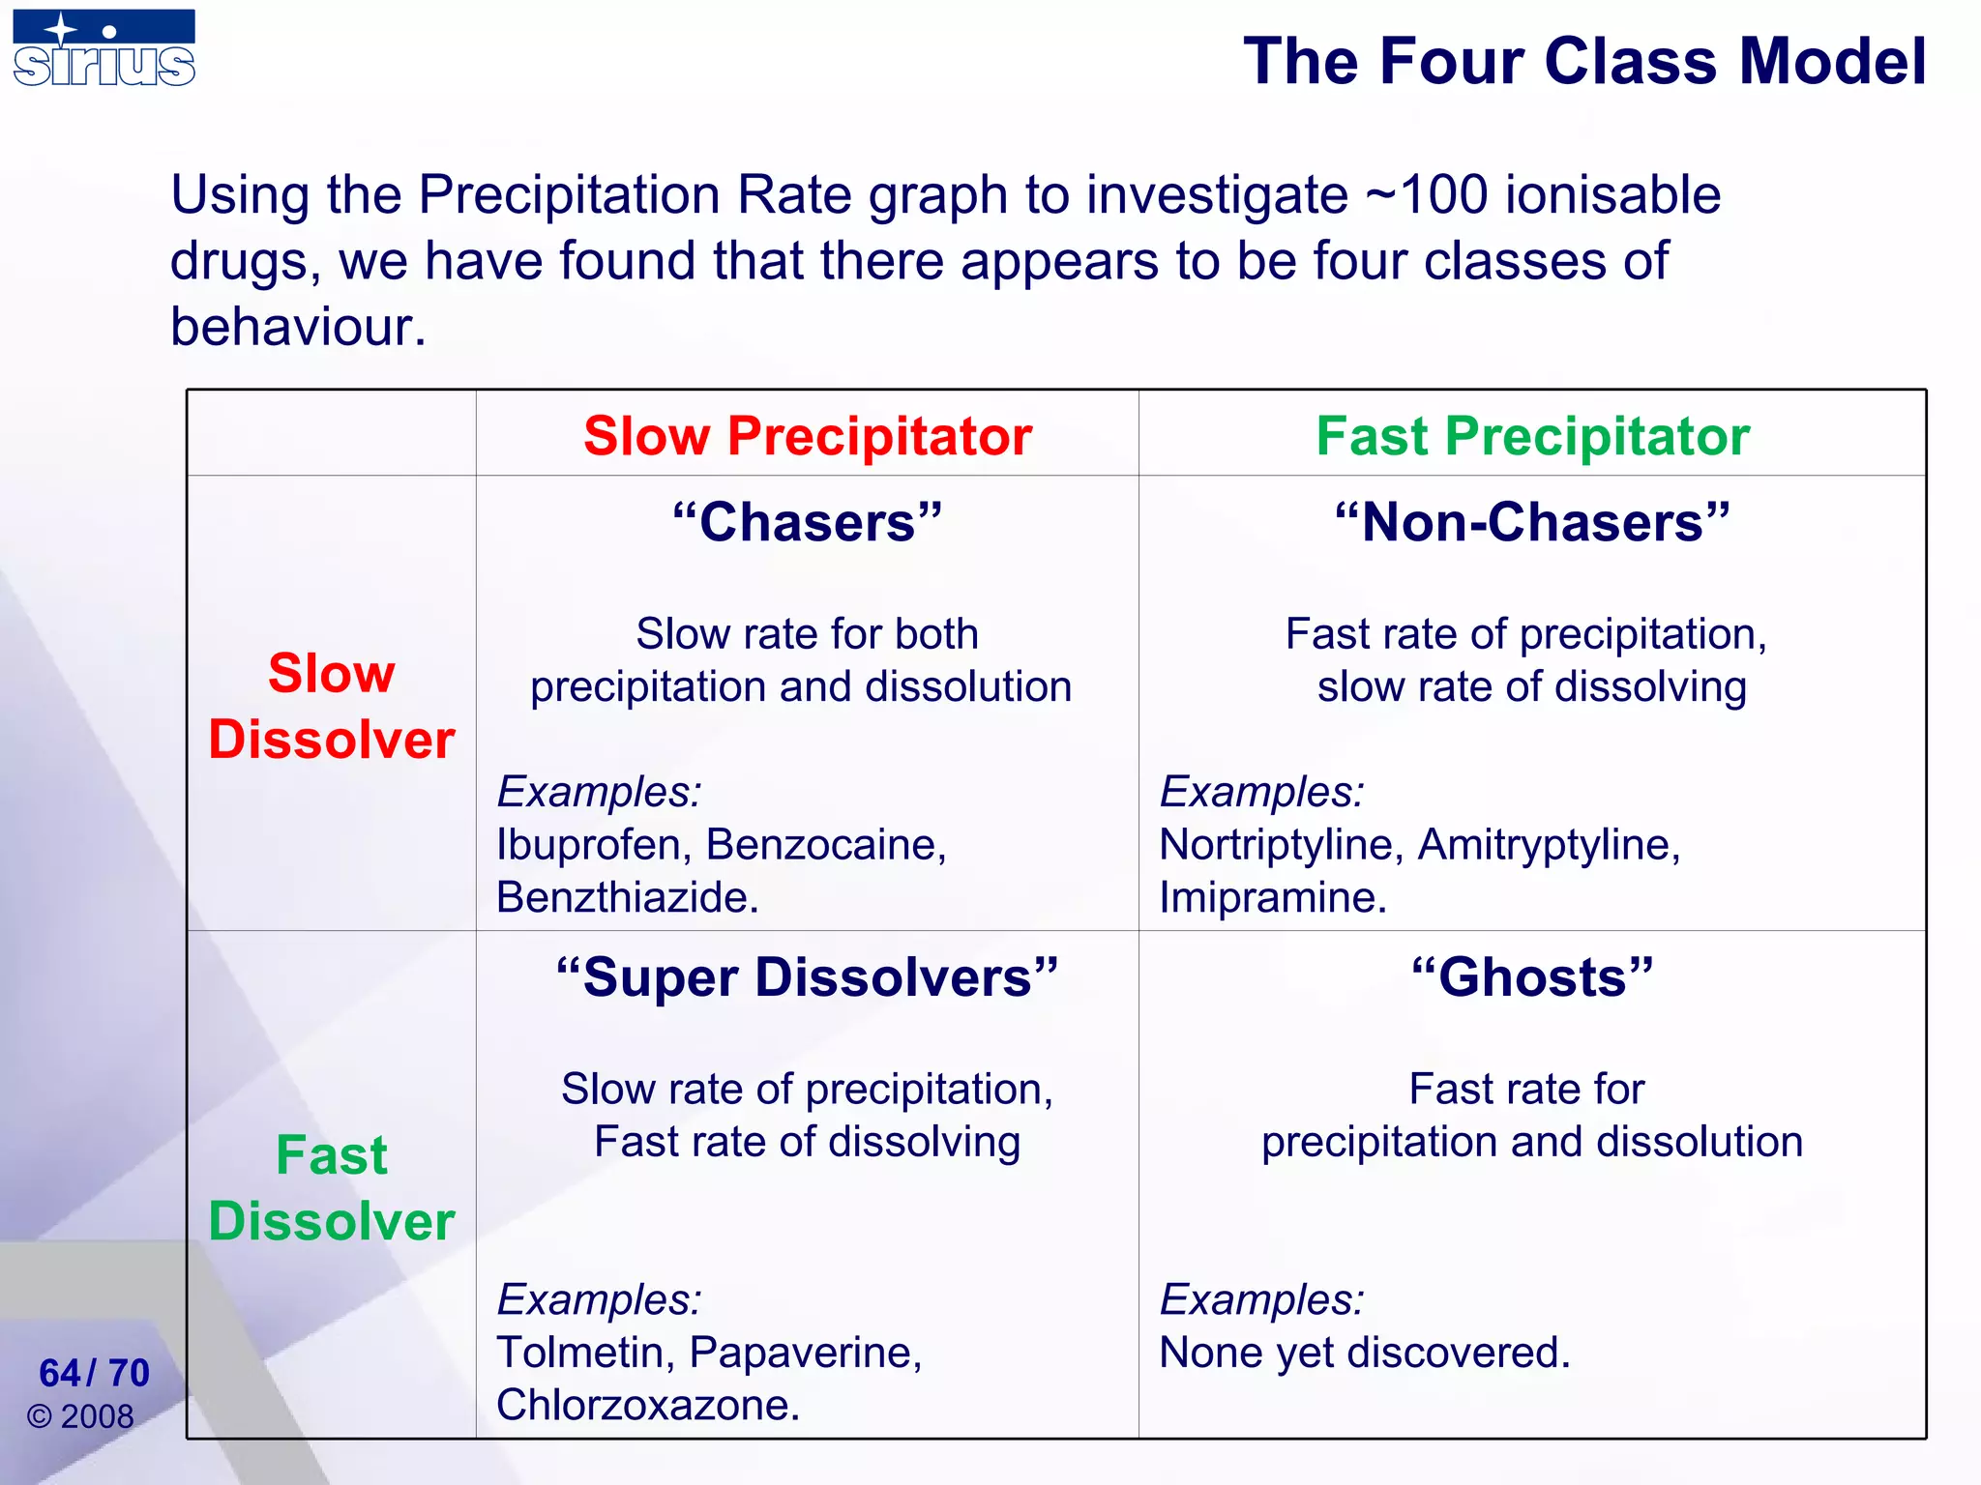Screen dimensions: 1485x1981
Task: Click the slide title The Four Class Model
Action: pos(1583,62)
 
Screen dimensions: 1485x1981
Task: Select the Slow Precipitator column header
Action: pos(808,436)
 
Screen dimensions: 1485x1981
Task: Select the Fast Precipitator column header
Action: pos(1532,436)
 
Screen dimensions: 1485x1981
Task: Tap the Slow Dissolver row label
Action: pos(331,706)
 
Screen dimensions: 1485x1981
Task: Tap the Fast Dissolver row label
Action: pos(331,1187)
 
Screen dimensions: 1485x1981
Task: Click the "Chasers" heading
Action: pos(808,523)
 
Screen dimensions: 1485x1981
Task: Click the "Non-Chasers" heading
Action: pos(1532,523)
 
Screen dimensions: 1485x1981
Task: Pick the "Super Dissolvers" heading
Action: pos(808,977)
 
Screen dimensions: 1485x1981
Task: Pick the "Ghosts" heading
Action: pos(1532,977)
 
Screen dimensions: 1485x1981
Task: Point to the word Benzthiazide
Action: pos(627,898)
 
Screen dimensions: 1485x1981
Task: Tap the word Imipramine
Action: pos(1272,898)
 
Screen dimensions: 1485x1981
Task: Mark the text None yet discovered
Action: pos(1364,1353)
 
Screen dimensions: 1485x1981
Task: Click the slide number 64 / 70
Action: pos(94,1373)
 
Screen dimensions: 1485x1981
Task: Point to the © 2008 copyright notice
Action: pos(80,1417)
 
